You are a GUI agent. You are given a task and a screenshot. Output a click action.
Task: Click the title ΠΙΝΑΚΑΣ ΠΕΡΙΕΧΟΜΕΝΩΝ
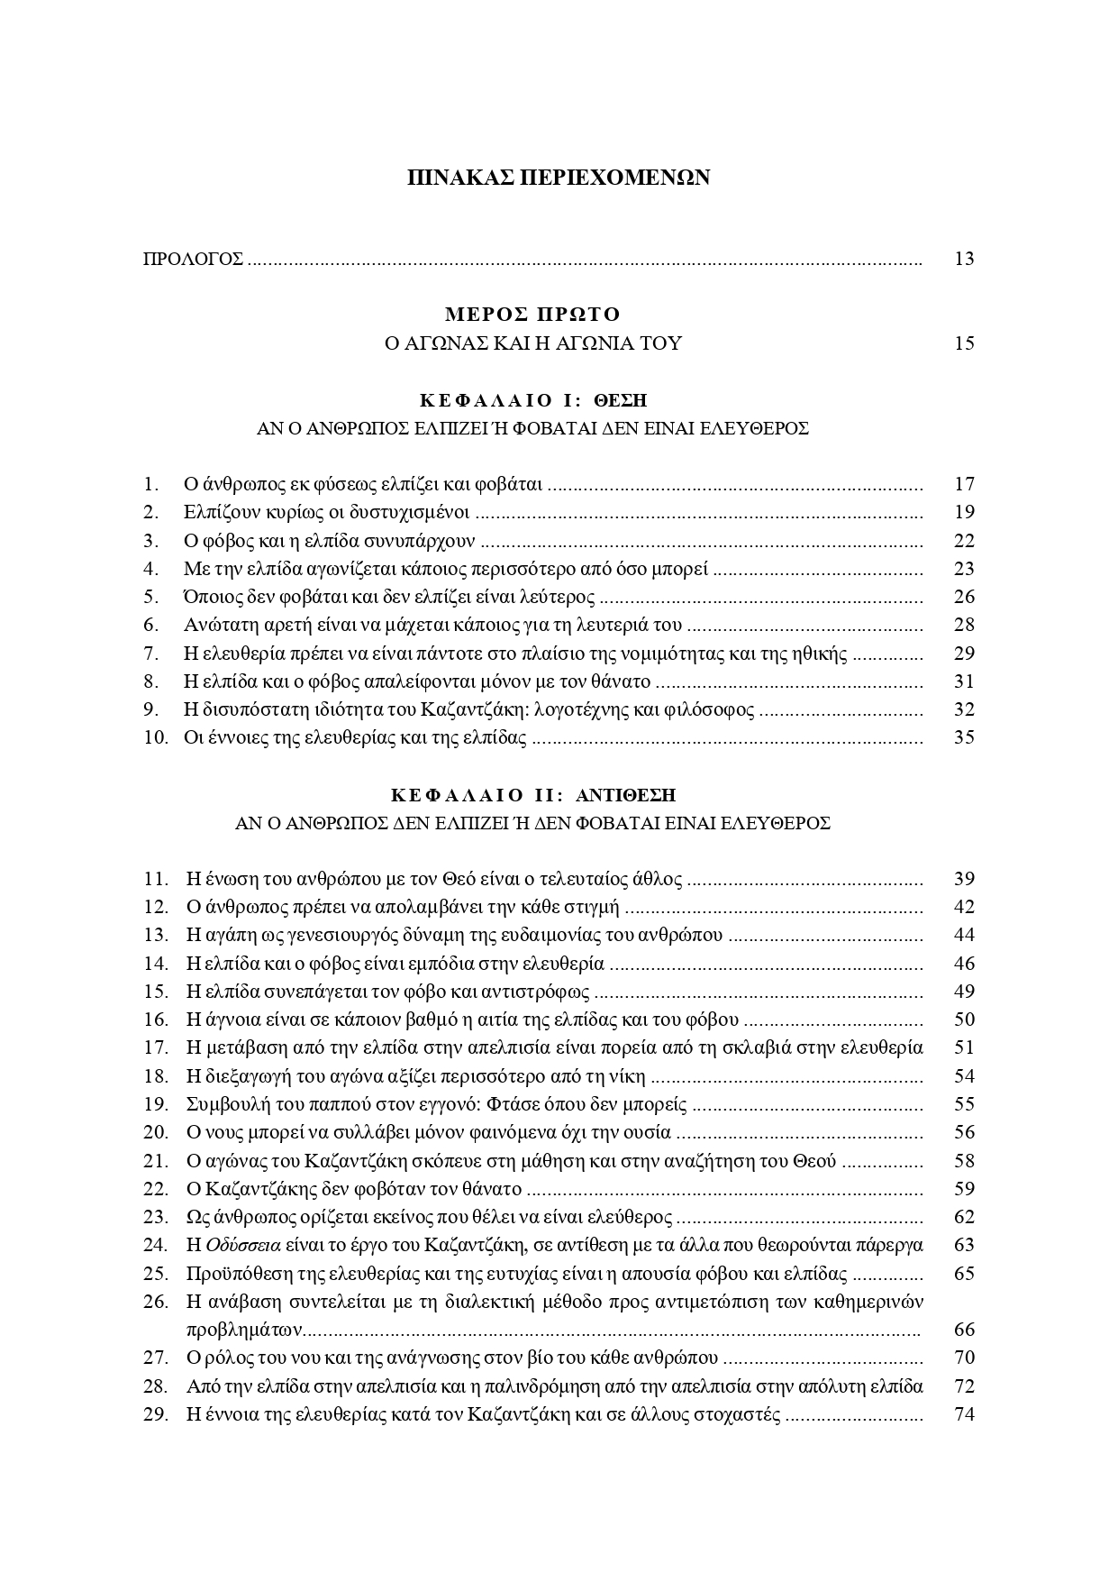[x=559, y=178]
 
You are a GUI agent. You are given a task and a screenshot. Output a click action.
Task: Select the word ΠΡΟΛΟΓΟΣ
[x=194, y=260]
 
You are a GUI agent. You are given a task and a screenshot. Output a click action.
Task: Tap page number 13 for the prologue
[x=963, y=260]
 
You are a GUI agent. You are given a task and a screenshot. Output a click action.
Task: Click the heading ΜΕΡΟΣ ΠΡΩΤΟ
[x=533, y=315]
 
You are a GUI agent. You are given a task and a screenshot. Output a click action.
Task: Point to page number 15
[x=963, y=343]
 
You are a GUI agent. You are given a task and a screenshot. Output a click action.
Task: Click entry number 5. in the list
[x=151, y=597]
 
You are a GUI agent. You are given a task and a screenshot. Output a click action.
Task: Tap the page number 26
[x=963, y=597]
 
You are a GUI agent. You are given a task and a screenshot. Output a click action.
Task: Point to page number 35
[x=963, y=737]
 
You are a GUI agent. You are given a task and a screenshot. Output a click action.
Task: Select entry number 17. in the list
[x=156, y=1047]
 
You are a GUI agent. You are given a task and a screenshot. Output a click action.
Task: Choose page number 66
[x=963, y=1330]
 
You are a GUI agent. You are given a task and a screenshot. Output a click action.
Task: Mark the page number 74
[x=963, y=1414]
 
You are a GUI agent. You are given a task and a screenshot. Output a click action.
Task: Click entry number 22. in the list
[x=156, y=1189]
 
